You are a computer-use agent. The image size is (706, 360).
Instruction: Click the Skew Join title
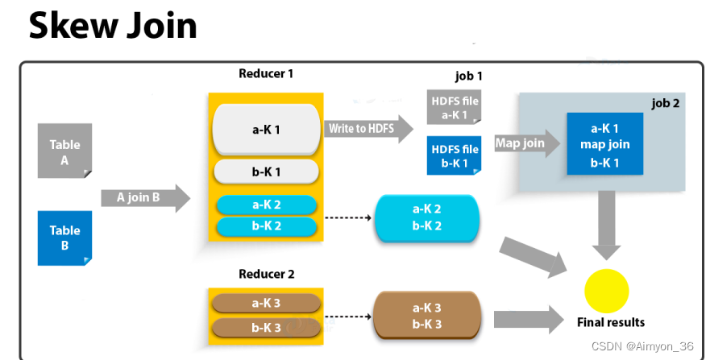point(113,26)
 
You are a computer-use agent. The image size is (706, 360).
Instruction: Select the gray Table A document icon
point(64,151)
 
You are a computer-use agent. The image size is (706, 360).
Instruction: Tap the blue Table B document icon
point(64,237)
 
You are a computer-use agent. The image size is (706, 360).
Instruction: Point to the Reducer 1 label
point(266,74)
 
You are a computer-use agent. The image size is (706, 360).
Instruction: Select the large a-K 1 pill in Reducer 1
point(266,129)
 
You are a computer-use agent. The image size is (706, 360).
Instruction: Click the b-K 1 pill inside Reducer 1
point(266,172)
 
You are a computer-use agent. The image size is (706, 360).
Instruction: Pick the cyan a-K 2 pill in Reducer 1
point(266,205)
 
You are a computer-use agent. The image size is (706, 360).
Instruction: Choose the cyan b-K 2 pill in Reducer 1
point(266,226)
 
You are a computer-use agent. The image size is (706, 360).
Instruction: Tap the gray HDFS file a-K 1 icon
point(454,107)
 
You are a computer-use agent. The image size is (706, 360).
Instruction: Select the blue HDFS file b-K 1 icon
point(454,155)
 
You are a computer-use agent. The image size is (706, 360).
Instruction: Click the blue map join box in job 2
point(604,144)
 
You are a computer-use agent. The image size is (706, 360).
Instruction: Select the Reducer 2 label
point(266,275)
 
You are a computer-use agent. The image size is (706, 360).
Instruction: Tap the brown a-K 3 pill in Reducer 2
point(266,304)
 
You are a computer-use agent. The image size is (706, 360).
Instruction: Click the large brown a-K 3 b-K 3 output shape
point(426,316)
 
